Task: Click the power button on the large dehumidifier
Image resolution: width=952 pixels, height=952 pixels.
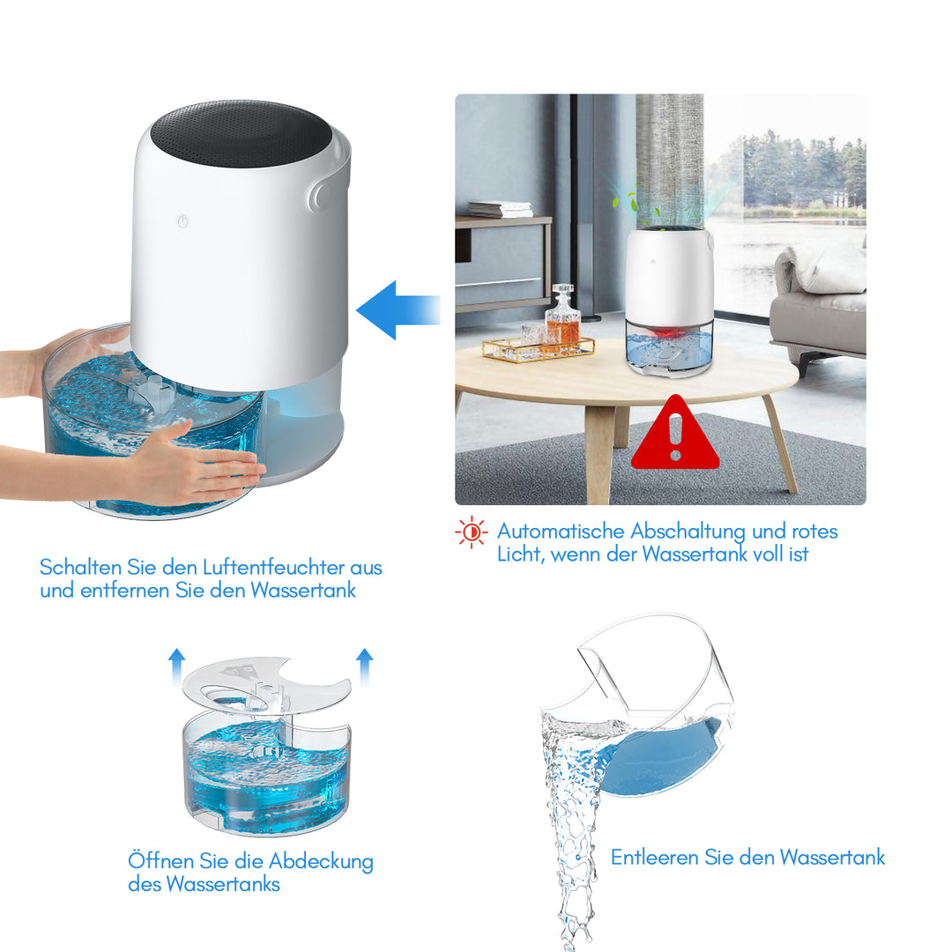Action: pyautogui.click(x=182, y=222)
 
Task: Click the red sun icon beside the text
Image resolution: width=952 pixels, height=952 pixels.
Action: pyautogui.click(x=471, y=532)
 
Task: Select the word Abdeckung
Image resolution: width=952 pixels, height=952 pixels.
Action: pyautogui.click(x=321, y=861)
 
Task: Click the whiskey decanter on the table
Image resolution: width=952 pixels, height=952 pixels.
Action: pyautogui.click(x=562, y=319)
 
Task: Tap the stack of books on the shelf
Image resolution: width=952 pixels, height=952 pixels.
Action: pyautogui.click(x=499, y=209)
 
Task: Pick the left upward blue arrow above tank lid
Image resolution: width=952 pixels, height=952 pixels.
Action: pyautogui.click(x=177, y=666)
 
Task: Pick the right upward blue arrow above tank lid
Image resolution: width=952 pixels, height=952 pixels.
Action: pyautogui.click(x=364, y=666)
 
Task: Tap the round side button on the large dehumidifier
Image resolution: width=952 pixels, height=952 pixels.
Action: pyautogui.click(x=321, y=197)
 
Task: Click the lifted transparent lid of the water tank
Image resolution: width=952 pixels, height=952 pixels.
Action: pyautogui.click(x=264, y=684)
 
